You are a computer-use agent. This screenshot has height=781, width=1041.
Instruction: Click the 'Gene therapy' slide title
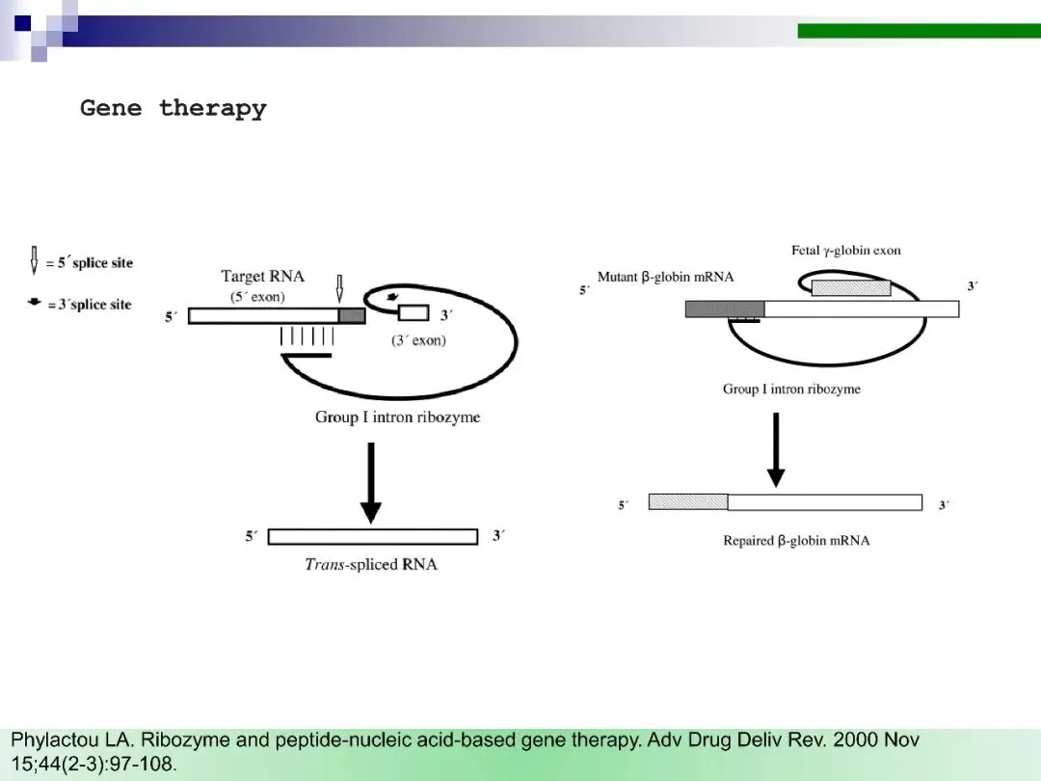173,108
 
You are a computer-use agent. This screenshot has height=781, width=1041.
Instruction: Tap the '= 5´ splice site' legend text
90,262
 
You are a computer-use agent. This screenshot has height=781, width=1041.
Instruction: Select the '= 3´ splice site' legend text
89,305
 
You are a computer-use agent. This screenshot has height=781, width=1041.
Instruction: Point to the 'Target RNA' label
262,277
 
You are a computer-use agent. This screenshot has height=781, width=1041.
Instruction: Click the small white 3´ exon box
414,312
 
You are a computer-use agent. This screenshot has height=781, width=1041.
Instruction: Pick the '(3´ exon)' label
418,340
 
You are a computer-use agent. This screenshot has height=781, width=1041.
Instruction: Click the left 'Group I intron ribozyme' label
397,417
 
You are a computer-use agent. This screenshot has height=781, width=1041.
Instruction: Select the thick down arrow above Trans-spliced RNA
370,482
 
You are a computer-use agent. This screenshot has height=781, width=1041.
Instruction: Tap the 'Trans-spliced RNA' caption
371,564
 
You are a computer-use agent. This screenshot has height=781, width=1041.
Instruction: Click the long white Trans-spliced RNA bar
373,536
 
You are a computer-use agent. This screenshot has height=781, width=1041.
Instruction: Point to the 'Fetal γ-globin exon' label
846,251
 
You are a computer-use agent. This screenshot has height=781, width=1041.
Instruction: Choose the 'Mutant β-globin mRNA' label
665,277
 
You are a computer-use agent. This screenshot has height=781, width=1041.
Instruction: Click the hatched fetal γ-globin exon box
850,287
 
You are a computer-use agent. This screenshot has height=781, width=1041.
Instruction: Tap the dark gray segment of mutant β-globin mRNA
725,309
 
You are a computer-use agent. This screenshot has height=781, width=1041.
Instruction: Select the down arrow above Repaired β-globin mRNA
776,450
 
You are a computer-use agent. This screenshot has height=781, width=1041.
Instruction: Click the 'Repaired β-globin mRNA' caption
796,541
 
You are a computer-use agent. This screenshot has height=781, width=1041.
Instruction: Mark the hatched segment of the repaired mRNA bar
688,501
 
